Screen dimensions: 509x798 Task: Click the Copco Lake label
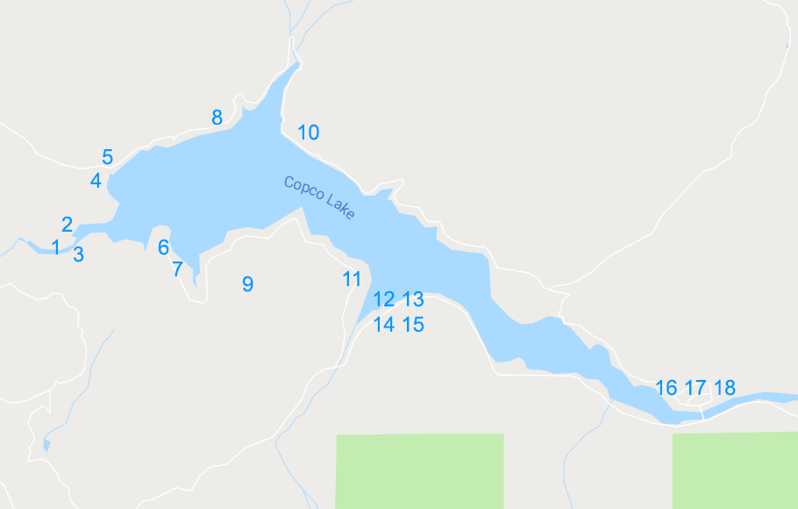click(x=319, y=198)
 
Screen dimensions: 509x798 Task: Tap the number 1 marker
click(x=56, y=247)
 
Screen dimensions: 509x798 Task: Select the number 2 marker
click(x=67, y=225)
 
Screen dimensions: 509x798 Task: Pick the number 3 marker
click(x=79, y=254)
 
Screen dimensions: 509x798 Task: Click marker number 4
click(x=96, y=181)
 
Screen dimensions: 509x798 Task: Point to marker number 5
click(x=107, y=157)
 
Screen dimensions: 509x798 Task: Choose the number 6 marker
click(x=163, y=247)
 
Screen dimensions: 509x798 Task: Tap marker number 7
click(x=177, y=269)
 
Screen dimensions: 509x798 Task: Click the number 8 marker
click(x=217, y=117)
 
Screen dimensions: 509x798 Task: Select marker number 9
click(x=247, y=283)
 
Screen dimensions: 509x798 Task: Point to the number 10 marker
click(x=308, y=133)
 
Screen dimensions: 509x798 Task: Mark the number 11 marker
click(x=352, y=279)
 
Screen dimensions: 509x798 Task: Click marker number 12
click(x=383, y=299)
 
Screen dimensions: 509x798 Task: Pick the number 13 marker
click(x=413, y=299)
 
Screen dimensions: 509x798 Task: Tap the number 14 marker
click(x=383, y=325)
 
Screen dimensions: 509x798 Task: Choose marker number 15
click(x=413, y=325)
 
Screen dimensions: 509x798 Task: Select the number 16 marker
click(x=666, y=387)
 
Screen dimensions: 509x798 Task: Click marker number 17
click(x=695, y=387)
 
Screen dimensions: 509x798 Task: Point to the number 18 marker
click(x=724, y=387)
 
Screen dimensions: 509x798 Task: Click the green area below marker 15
click(x=419, y=470)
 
